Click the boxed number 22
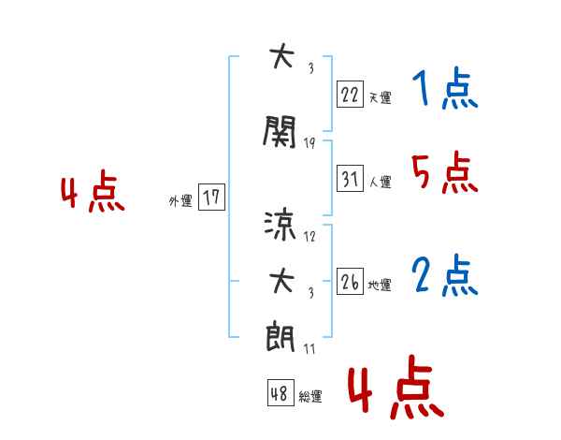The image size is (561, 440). click(x=350, y=95)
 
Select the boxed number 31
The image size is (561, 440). click(x=350, y=178)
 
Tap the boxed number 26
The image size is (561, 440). click(x=350, y=281)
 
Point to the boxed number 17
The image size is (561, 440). click(x=211, y=197)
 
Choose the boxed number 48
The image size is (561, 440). click(x=280, y=392)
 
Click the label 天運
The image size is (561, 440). click(x=380, y=97)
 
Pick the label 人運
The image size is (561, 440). click(x=381, y=182)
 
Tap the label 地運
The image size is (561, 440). click(x=380, y=285)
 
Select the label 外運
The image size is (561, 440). click(x=180, y=200)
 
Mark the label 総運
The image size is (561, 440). click(x=310, y=396)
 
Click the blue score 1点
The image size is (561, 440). click(x=445, y=88)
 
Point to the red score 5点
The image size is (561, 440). click(x=445, y=172)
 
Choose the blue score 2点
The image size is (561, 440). click(x=445, y=275)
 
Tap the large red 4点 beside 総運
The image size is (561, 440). click(x=396, y=387)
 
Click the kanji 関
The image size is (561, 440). click(x=280, y=131)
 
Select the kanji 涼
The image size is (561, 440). click(x=280, y=226)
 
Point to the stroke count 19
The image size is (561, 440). click(x=309, y=143)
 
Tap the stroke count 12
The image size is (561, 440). click(x=309, y=236)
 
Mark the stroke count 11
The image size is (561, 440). click(x=309, y=348)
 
